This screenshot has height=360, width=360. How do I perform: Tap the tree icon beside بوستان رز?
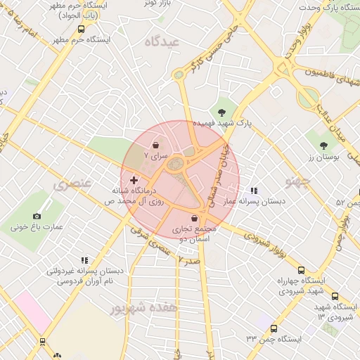click(323, 146)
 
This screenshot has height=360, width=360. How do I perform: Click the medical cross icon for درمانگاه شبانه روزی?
click(134, 181)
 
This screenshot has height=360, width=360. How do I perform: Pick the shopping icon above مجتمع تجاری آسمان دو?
click(193, 219)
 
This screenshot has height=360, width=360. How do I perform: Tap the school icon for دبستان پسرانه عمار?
click(254, 190)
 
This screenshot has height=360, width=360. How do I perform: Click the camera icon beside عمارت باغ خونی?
click(37, 217)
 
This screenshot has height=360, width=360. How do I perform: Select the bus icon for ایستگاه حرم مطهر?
click(81, 30)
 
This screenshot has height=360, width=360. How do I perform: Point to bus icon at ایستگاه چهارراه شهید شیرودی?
click(302, 270)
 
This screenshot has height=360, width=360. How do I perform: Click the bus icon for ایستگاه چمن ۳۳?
click(274, 328)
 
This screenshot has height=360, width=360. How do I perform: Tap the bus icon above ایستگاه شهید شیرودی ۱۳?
click(335, 296)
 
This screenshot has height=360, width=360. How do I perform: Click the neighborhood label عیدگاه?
click(162, 41)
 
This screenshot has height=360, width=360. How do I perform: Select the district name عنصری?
click(72, 184)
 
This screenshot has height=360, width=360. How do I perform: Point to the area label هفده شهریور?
click(144, 307)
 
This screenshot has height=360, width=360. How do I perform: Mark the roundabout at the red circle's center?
click(180, 166)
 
